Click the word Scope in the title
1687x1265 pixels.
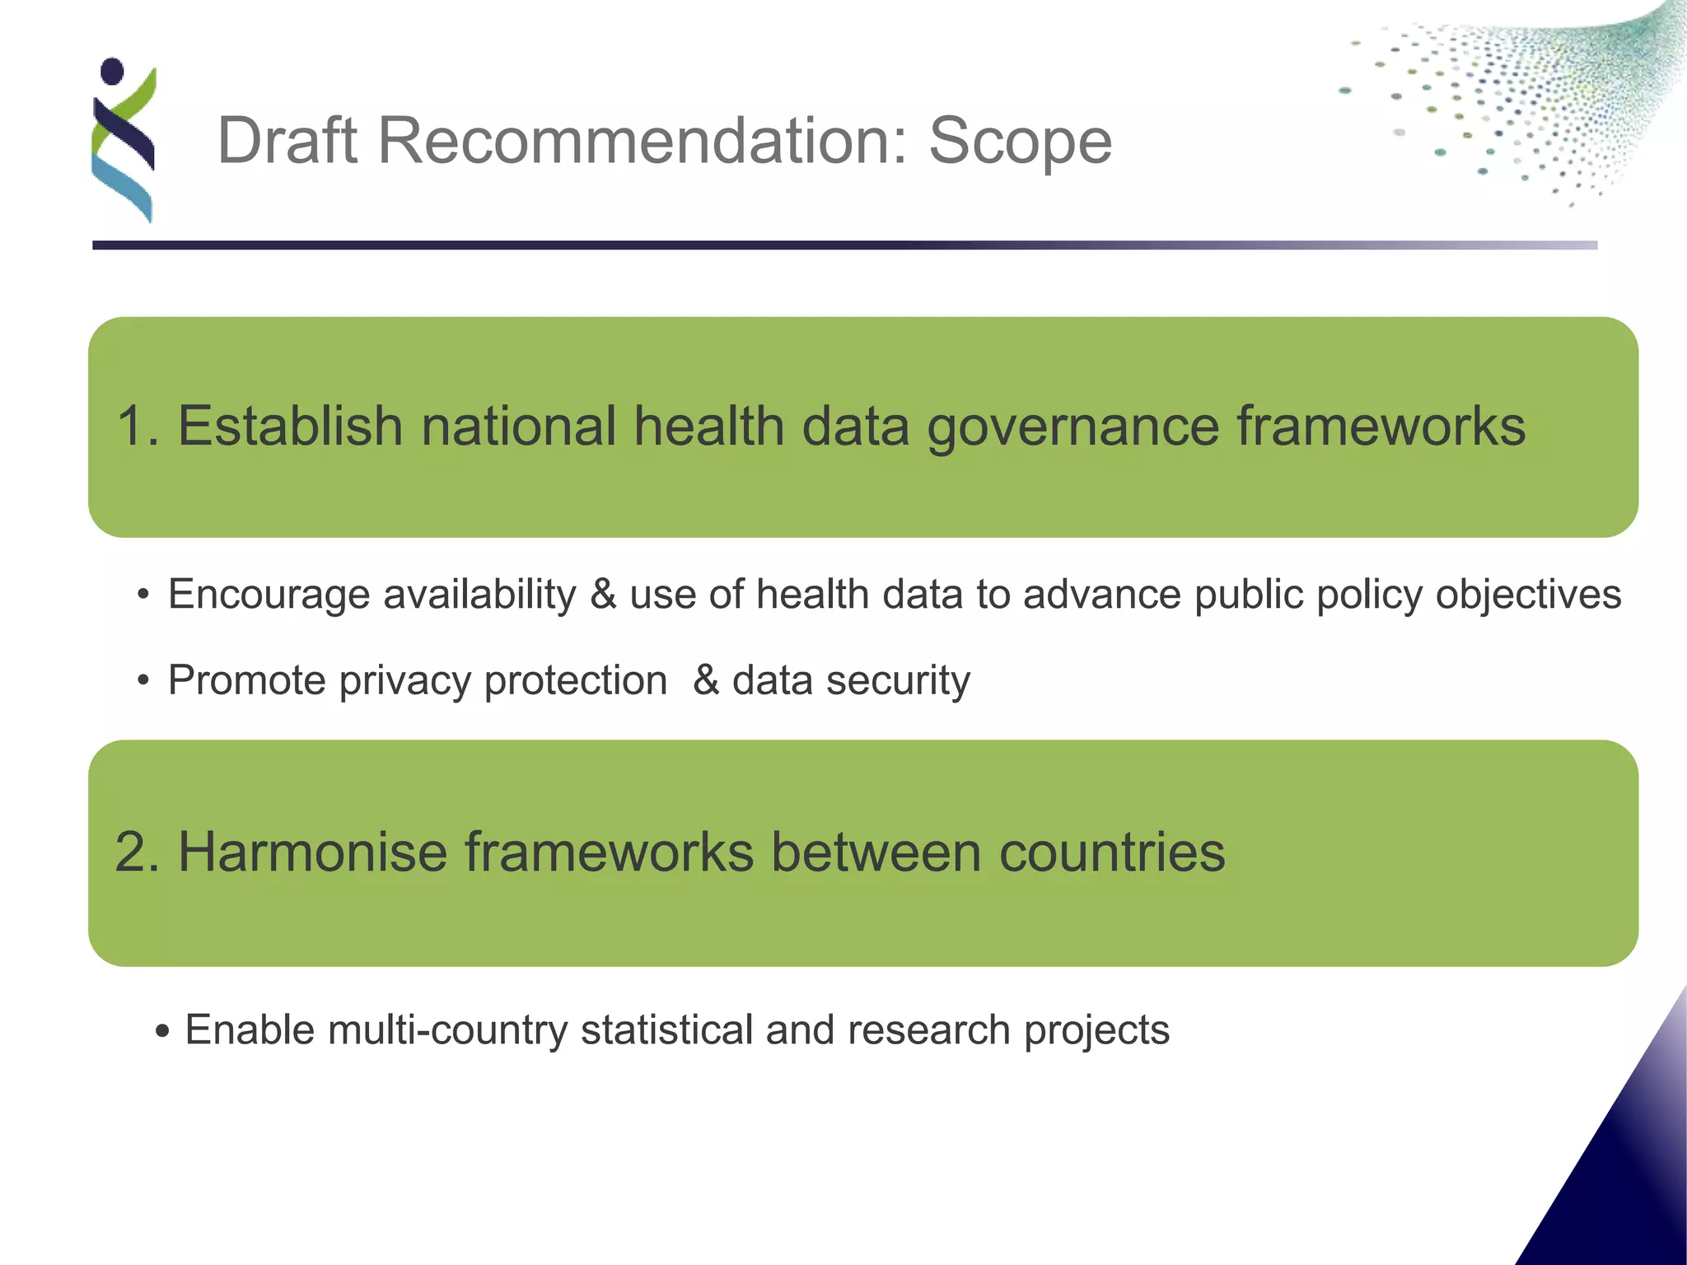1020,142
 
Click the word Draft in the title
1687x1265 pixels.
287,140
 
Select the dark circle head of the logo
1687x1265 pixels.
112,71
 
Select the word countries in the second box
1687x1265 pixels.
1112,852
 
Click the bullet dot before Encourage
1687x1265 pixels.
144,595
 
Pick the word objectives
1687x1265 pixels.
1528,595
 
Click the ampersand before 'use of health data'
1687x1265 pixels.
603,595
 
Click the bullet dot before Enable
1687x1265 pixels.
162,1031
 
